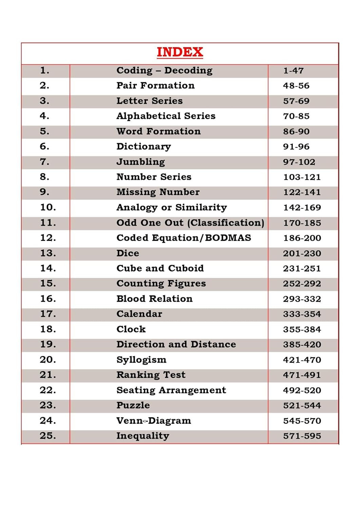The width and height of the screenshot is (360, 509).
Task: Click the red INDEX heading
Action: click(x=180, y=52)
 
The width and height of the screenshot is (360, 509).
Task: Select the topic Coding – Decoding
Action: click(x=164, y=71)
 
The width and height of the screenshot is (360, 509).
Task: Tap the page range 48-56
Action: click(x=296, y=86)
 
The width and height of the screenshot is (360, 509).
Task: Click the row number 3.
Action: click(x=44, y=101)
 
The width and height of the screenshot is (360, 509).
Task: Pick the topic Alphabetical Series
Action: click(x=166, y=116)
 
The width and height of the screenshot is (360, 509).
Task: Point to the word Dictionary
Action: click(x=144, y=147)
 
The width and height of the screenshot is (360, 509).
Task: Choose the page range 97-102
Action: click(x=299, y=162)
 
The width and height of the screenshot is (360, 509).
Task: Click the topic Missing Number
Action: click(x=158, y=192)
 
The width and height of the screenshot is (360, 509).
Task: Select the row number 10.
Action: click(x=48, y=207)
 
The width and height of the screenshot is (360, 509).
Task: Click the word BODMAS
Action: click(x=228, y=238)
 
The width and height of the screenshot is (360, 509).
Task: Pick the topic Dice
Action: click(x=128, y=253)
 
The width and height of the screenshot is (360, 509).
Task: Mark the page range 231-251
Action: click(x=302, y=268)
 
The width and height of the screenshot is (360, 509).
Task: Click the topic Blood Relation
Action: click(x=154, y=299)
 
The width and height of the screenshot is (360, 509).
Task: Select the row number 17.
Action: click(x=48, y=314)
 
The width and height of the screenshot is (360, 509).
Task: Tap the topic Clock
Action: click(x=131, y=329)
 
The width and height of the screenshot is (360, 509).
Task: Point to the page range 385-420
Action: click(x=302, y=344)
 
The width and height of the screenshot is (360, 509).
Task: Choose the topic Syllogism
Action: click(x=141, y=360)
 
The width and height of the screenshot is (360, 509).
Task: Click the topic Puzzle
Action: click(x=133, y=406)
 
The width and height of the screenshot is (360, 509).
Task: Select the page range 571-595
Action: click(x=302, y=436)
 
